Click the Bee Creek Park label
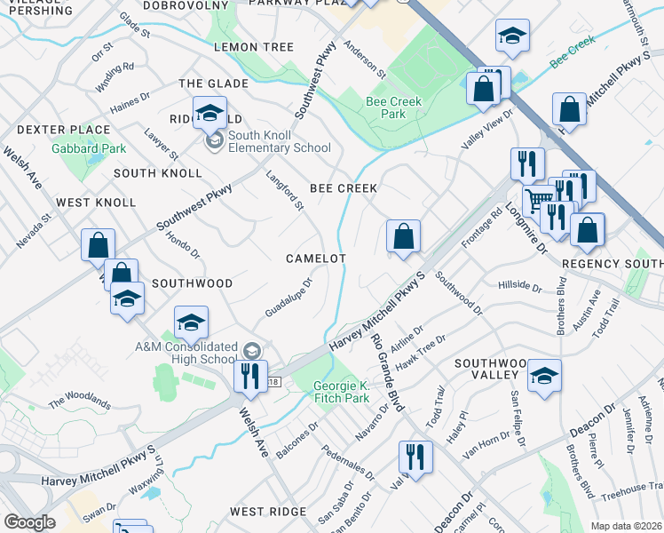pyautogui.click(x=393, y=107)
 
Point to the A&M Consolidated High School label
pyautogui.click(x=186, y=353)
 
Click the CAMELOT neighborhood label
pyautogui.click(x=315, y=258)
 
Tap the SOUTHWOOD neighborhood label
pyautogui.click(x=192, y=282)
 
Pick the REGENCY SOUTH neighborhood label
pyautogui.click(x=613, y=265)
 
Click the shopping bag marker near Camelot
pyautogui.click(x=403, y=237)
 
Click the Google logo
pyautogui.click(x=30, y=522)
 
